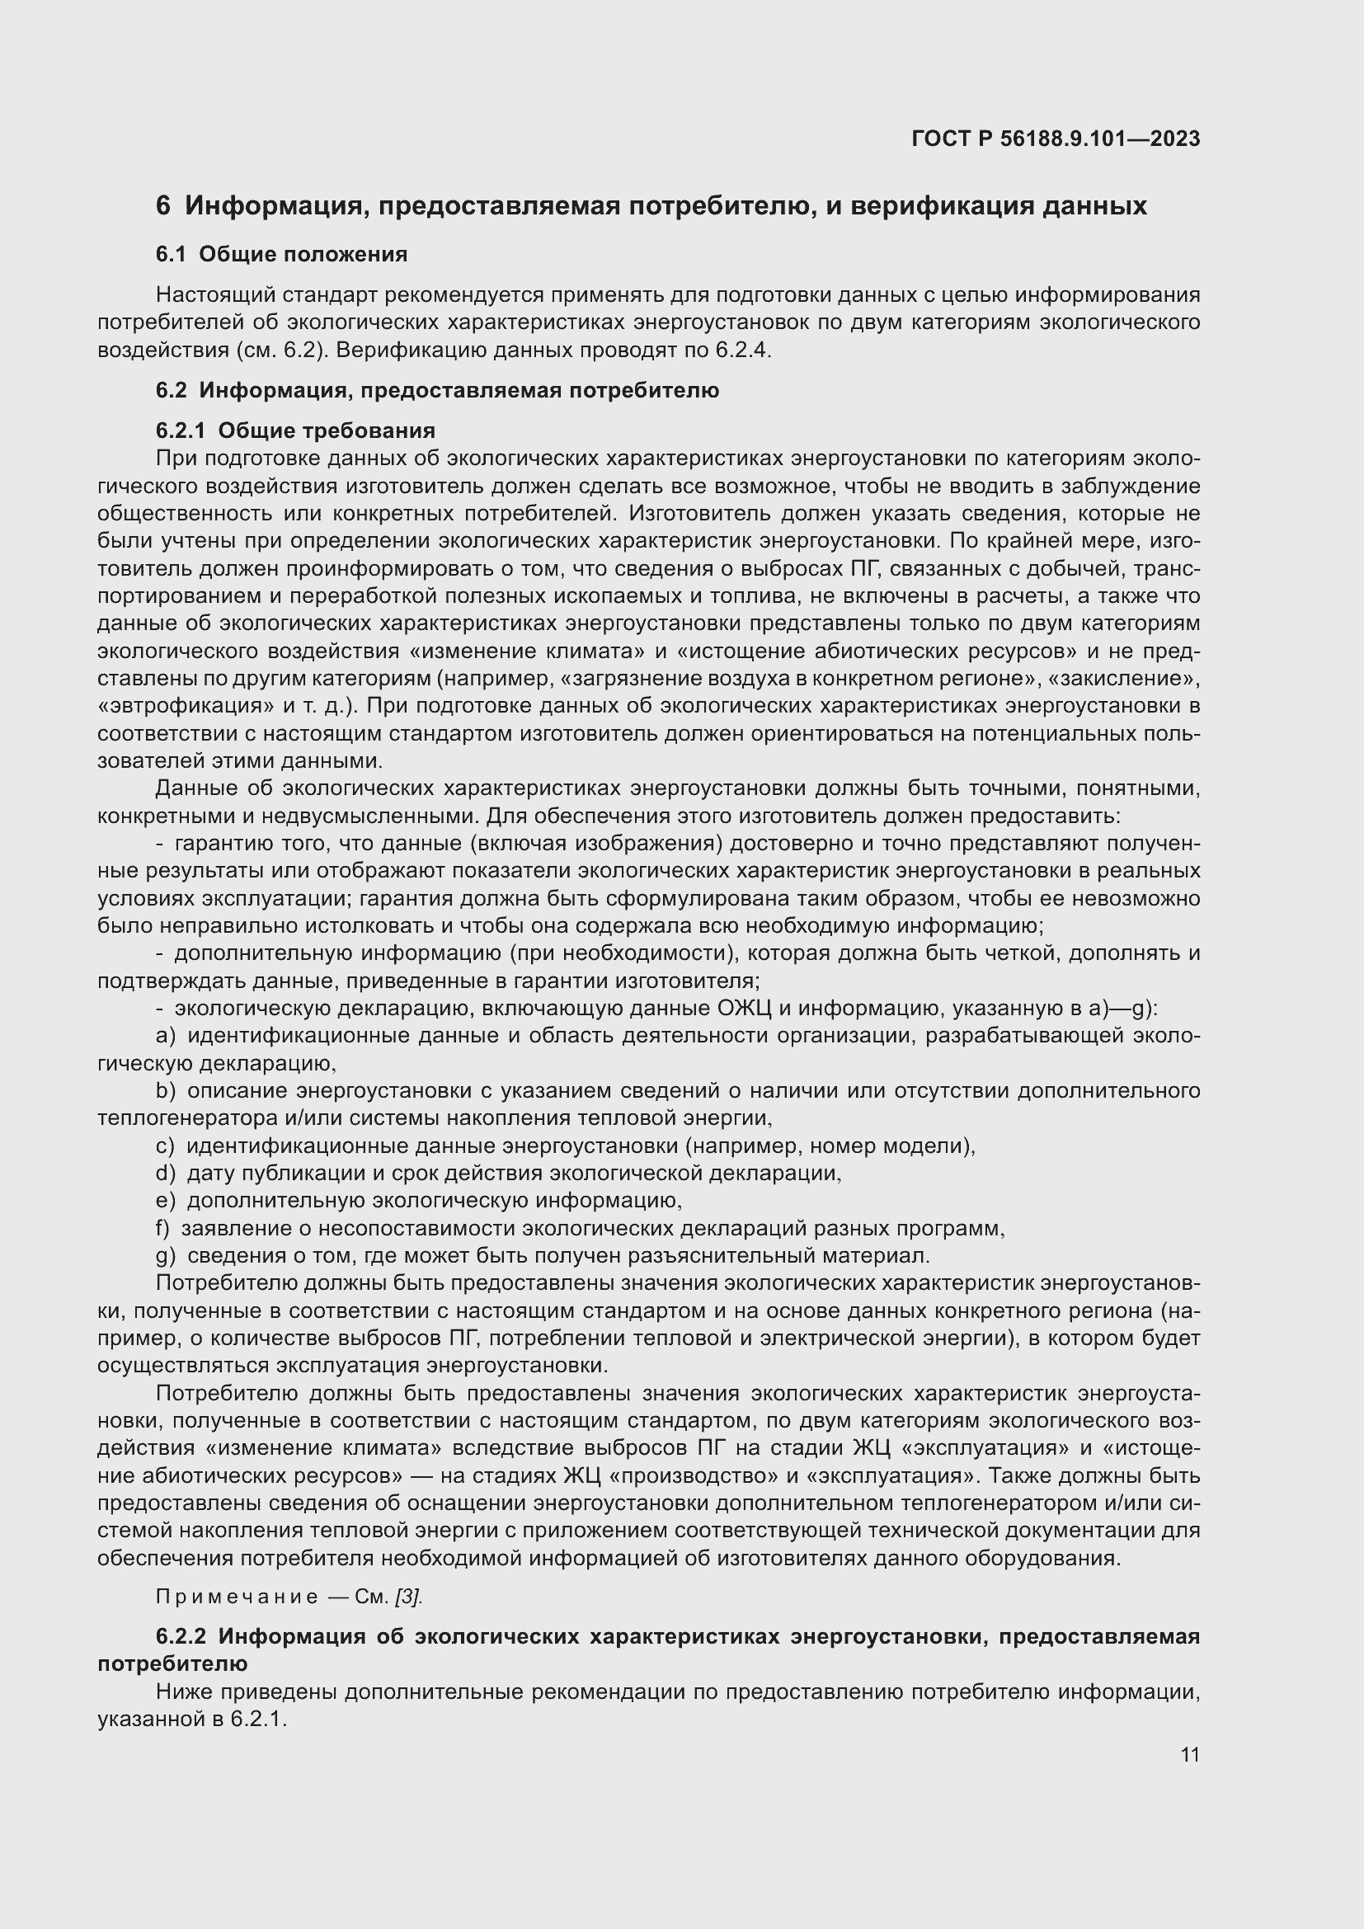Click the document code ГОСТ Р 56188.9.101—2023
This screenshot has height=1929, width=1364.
pos(1055,139)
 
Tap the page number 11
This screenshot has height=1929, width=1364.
pos(1189,1754)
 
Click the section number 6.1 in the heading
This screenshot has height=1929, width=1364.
pos(171,255)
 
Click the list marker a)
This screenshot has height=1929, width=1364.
pos(166,1036)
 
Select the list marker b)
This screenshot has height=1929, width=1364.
pos(166,1091)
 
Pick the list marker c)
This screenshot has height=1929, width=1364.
pos(165,1146)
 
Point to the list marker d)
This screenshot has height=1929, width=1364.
pos(166,1174)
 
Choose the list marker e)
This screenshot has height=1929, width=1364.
pos(166,1202)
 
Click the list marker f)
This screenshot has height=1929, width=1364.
pos(163,1229)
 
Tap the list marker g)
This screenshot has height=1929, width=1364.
pos(166,1256)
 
